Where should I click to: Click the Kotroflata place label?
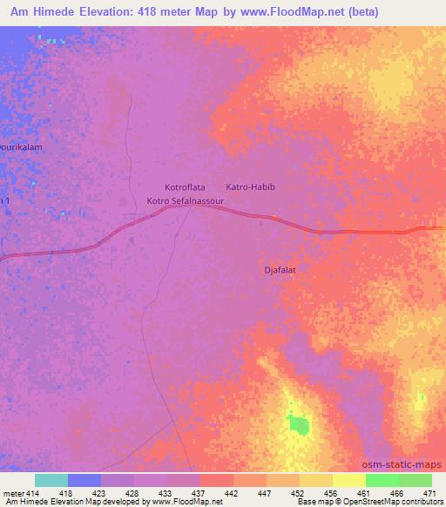(x=184, y=187)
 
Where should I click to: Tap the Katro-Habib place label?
(x=250, y=187)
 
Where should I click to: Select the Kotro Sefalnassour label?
(x=186, y=201)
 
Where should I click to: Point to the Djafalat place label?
(x=280, y=270)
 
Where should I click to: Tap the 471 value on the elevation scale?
(x=429, y=493)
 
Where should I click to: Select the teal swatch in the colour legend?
(x=51, y=480)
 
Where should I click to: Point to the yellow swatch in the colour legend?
(x=348, y=480)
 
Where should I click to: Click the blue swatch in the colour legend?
(x=84, y=480)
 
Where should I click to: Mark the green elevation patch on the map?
(x=299, y=425)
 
